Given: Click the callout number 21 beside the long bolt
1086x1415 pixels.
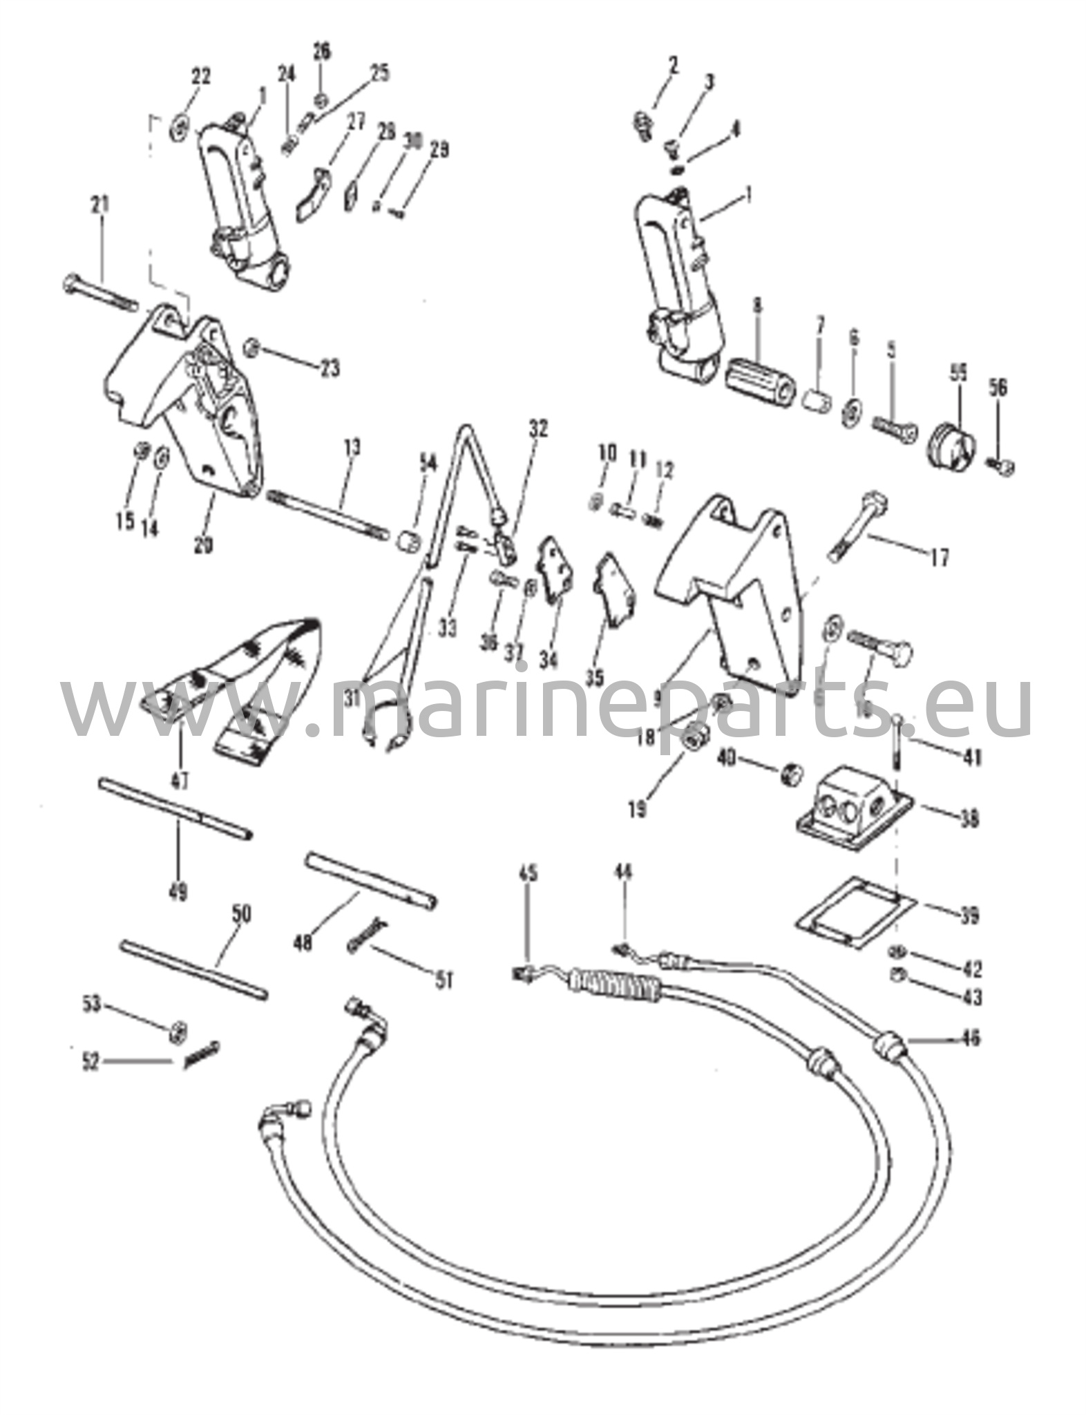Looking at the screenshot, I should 101,205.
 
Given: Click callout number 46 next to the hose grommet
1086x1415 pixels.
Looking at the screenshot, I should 970,1038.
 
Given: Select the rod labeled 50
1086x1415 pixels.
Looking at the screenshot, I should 193,970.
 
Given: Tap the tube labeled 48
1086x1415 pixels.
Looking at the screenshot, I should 370,882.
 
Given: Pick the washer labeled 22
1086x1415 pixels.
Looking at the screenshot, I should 180,126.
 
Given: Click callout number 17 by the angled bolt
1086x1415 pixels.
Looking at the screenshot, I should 940,556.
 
